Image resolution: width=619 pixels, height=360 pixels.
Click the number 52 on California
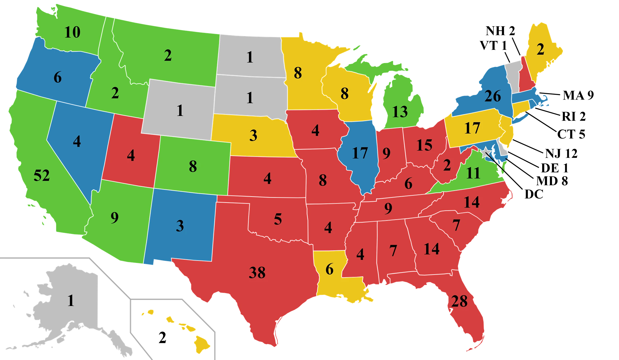tap(42, 175)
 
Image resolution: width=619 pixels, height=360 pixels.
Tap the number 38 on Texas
tap(257, 272)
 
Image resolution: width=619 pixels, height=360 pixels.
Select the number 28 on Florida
tap(459, 301)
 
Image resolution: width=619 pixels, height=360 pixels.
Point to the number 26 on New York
tap(493, 96)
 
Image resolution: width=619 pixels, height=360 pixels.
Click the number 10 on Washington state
tap(72, 32)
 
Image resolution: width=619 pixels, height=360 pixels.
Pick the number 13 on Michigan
tap(400, 112)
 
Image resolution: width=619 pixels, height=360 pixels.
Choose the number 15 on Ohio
tap(424, 145)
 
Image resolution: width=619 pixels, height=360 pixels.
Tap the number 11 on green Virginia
tap(473, 173)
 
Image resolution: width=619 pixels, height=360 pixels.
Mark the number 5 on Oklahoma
tap(278, 219)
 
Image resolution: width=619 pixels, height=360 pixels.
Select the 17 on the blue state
tap(360, 153)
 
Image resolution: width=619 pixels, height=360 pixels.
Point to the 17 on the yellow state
tap(472, 128)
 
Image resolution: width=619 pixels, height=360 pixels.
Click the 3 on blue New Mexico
tap(180, 226)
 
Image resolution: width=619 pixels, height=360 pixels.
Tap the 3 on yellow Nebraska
tap(253, 136)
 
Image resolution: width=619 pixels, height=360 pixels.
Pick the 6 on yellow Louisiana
tap(329, 269)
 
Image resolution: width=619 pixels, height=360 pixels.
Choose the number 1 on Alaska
tap(71, 301)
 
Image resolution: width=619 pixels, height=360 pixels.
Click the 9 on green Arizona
tap(114, 218)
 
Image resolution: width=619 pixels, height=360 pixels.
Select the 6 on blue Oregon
tap(58, 78)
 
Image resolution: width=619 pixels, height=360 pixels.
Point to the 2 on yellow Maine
tap(540, 50)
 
